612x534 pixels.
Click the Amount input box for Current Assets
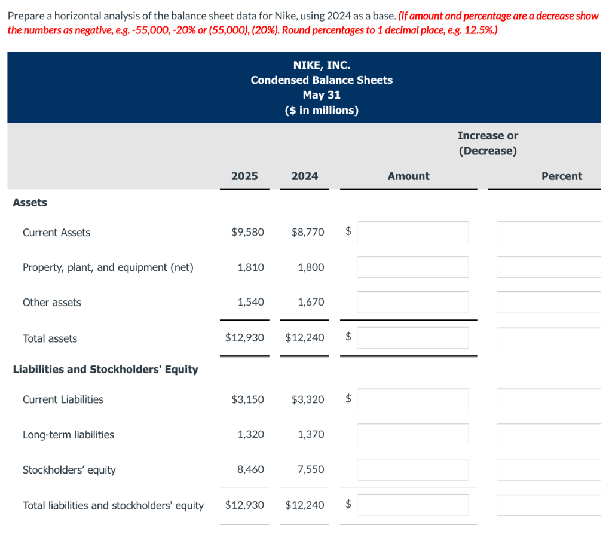click(x=412, y=232)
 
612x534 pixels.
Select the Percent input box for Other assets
click(x=548, y=302)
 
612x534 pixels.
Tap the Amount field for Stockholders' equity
click(x=412, y=469)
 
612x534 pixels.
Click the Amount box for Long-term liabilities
click(x=412, y=434)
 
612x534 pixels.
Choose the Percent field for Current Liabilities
click(x=548, y=399)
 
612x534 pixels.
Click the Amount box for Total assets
click(x=412, y=338)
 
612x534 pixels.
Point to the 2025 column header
click(x=244, y=176)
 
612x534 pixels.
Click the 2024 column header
click(x=305, y=176)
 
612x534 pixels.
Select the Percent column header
click(x=561, y=176)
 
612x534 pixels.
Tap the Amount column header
click(x=408, y=176)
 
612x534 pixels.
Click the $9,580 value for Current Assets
click(x=247, y=232)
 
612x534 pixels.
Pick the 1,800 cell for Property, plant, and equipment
click(x=311, y=267)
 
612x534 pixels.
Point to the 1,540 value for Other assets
click(x=250, y=302)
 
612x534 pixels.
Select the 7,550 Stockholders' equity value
click(x=311, y=469)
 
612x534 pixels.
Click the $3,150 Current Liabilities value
click(x=247, y=399)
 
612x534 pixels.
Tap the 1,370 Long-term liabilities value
click(x=311, y=434)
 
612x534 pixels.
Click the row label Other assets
click(x=52, y=303)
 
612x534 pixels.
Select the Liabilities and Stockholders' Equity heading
click(x=106, y=369)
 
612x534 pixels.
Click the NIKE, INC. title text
click(x=322, y=65)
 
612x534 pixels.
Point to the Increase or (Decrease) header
click(x=488, y=143)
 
